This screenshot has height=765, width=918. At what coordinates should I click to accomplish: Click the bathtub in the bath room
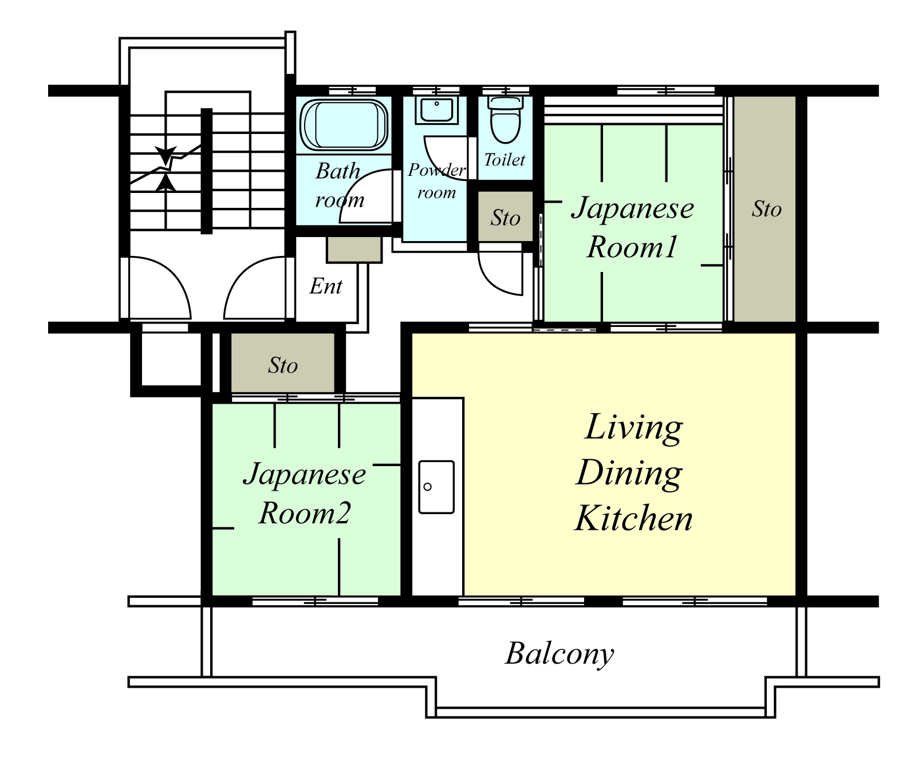344,125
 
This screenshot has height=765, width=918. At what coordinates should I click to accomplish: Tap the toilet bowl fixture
505,120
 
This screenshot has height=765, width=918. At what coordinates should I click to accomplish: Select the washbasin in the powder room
436,111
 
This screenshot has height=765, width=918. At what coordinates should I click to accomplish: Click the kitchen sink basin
436,487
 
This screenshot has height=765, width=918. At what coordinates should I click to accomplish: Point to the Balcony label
560,654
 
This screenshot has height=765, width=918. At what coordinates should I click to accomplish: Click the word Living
634,428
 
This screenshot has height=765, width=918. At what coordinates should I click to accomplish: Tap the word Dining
629,474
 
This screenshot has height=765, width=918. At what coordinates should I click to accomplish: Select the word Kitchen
633,518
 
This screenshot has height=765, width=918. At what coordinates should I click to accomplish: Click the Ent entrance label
326,286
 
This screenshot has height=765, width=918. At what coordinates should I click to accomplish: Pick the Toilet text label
505,160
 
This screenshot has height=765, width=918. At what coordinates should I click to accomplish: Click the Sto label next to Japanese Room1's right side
766,209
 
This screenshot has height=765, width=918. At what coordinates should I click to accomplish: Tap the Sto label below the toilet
505,218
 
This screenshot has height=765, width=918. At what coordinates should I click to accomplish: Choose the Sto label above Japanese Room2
283,365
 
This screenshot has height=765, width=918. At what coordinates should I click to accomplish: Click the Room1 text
632,247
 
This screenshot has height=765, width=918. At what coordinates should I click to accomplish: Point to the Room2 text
305,513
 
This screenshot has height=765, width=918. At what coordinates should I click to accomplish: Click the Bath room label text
340,185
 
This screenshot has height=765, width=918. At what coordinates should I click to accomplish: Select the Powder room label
437,181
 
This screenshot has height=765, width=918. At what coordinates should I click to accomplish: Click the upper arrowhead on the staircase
166,156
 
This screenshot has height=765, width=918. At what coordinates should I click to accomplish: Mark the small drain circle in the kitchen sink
427,487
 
